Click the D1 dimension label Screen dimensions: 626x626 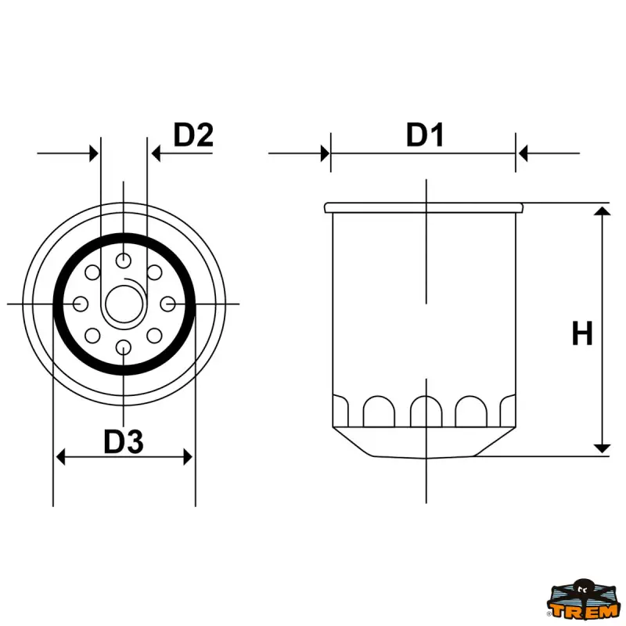pyautogui.click(x=425, y=135)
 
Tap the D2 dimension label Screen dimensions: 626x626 pyautogui.click(x=193, y=135)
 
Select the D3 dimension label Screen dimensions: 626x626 pyautogui.click(x=124, y=443)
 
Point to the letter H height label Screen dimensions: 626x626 pyautogui.click(x=581, y=334)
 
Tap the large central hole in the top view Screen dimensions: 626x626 pyautogui.click(x=124, y=304)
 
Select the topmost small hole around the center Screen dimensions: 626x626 pyautogui.click(x=124, y=261)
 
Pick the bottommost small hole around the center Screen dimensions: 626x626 pyautogui.click(x=124, y=347)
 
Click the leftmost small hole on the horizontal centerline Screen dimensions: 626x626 pyautogui.click(x=80, y=304)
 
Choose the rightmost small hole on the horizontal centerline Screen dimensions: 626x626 pyautogui.click(x=167, y=304)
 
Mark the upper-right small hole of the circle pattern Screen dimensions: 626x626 pyautogui.click(x=154, y=273)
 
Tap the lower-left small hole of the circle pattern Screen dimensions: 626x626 pyautogui.click(x=93, y=336)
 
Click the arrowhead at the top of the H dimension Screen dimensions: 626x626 pyautogui.click(x=602, y=214)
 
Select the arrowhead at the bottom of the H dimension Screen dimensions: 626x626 pyautogui.click(x=602, y=447)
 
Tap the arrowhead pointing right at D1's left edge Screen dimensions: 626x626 pyautogui.click(x=324, y=153)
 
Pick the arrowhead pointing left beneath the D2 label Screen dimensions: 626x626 pyautogui.click(x=156, y=153)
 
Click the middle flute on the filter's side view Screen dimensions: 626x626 pyautogui.click(x=425, y=410)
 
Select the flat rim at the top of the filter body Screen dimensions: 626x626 pyautogui.click(x=423, y=207)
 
